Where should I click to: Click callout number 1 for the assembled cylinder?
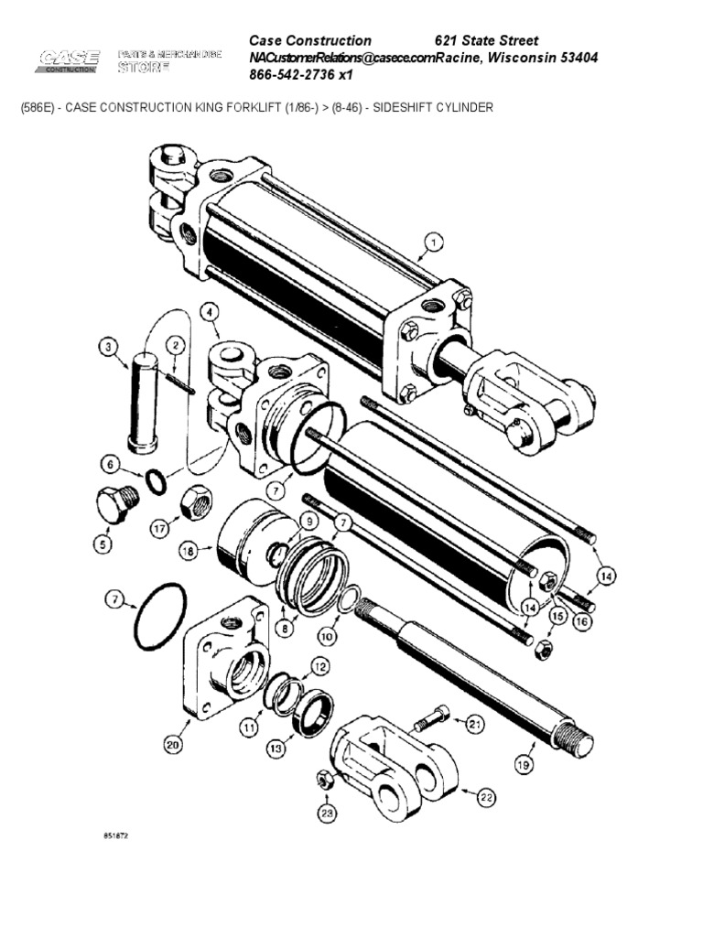point(432,242)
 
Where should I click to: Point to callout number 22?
point(485,798)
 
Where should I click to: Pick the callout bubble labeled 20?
point(172,746)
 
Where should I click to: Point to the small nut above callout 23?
point(324,780)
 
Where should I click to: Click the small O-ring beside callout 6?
point(156,479)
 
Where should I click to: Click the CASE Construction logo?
point(69,63)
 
